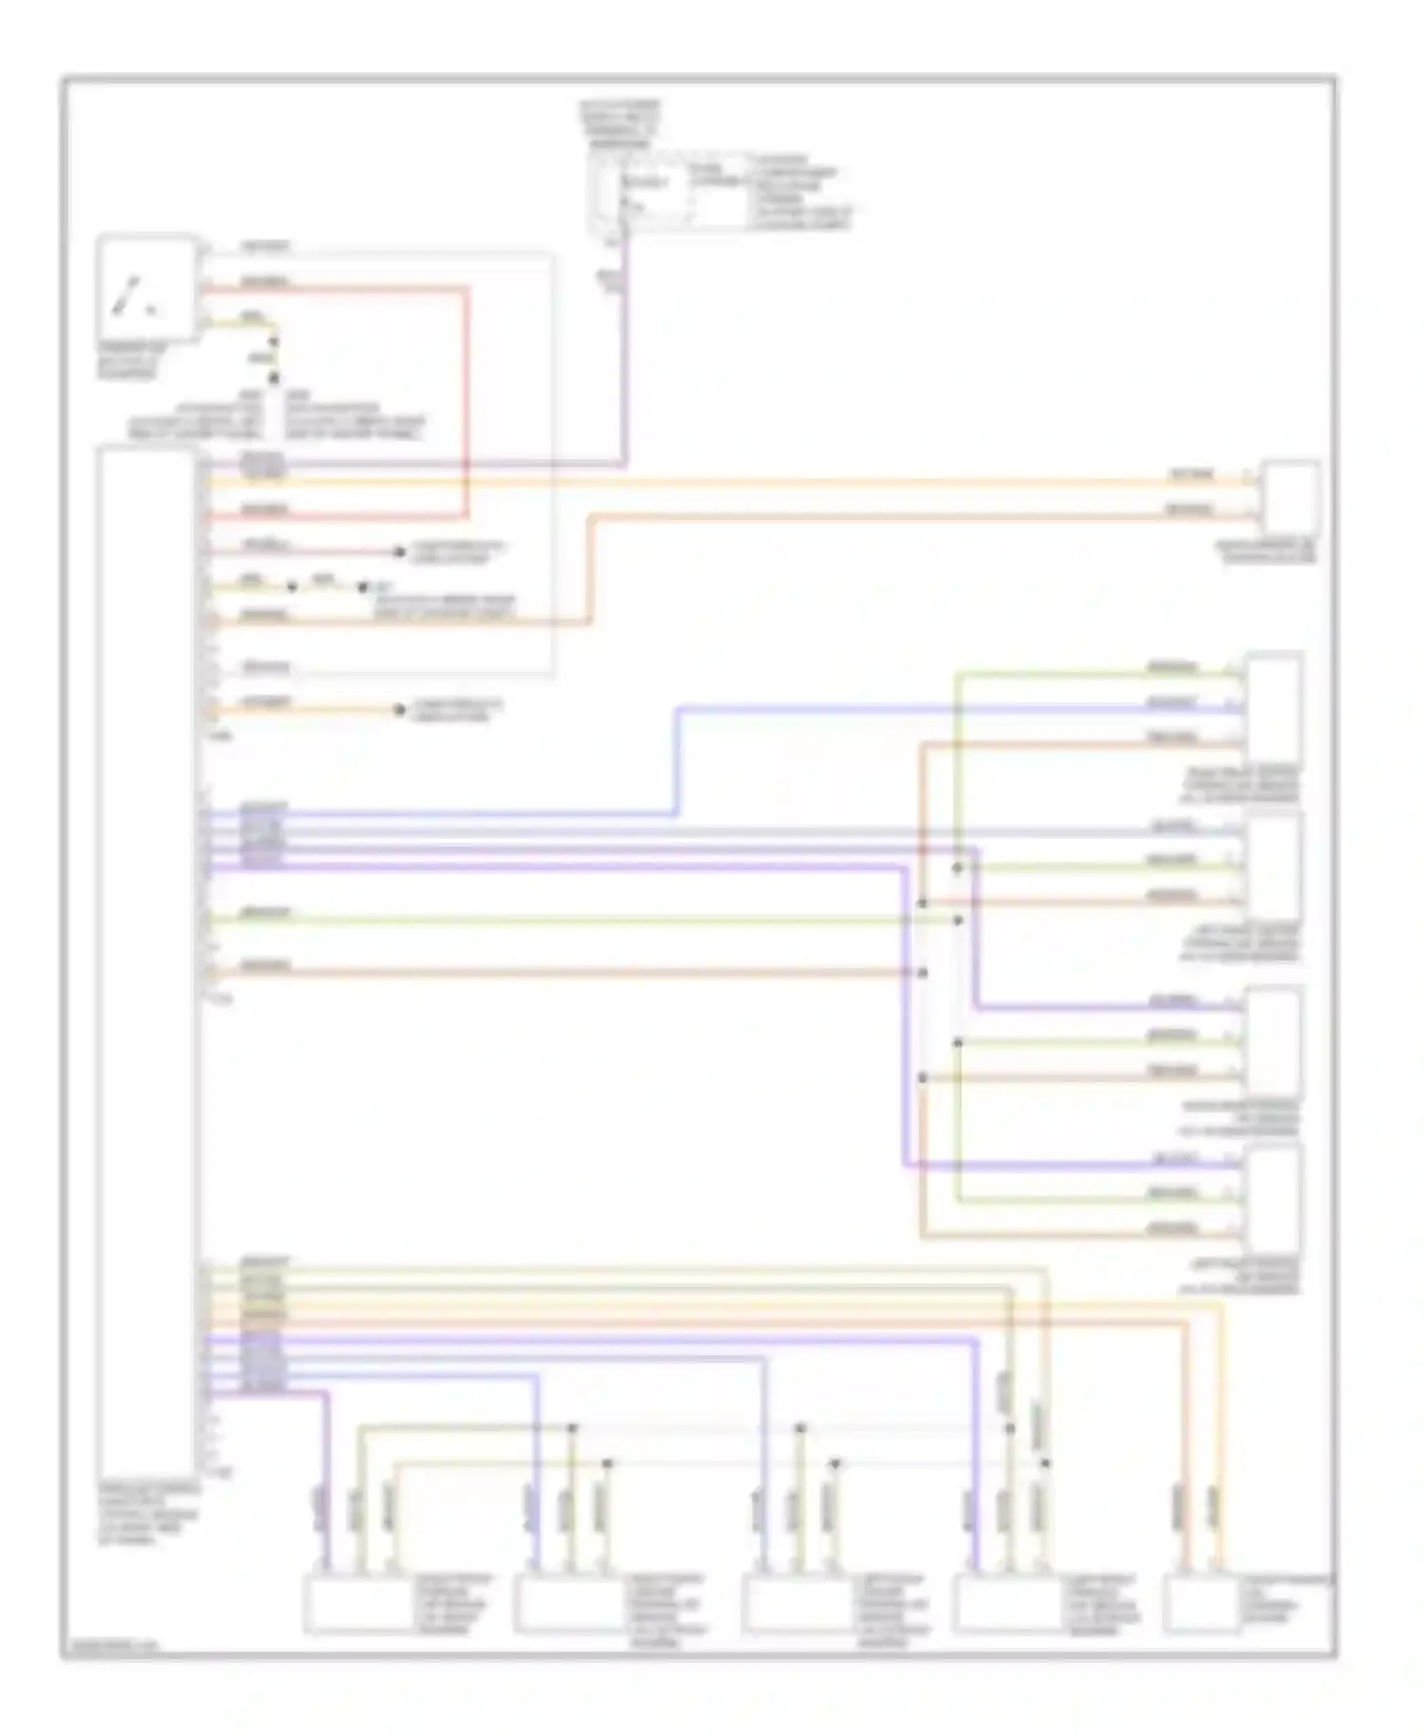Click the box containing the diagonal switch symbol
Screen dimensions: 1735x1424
(147, 288)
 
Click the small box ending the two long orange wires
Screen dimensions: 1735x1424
(1288, 497)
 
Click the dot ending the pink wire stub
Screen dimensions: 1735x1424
(400, 551)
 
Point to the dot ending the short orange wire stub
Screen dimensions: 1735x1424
(400, 710)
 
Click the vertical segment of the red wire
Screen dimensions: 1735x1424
(467, 403)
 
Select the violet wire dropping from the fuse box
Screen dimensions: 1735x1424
(625, 361)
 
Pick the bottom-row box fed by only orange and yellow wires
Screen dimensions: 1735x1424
(1201, 1603)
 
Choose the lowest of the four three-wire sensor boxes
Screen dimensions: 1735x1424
(1273, 1199)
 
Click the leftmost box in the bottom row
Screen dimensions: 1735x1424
(356, 1603)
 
